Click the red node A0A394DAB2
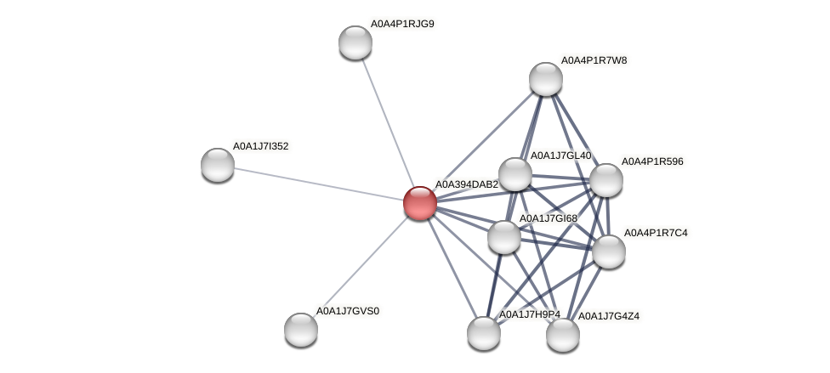420,203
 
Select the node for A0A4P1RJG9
355,42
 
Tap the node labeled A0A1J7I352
218,164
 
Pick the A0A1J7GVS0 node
301,329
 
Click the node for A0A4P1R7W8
546,79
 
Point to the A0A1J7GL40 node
515,174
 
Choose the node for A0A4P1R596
606,180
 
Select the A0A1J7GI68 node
504,236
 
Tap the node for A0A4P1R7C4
609,251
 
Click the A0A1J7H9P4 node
484,332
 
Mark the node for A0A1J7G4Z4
563,334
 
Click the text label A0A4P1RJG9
402,24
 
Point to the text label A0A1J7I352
261,146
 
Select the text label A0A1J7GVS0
348,311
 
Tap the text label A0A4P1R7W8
594,60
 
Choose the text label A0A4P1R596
652,161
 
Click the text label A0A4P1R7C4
656,233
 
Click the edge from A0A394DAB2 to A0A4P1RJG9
388,122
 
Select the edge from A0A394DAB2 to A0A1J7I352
319,184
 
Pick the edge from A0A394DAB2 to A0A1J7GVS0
361,266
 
